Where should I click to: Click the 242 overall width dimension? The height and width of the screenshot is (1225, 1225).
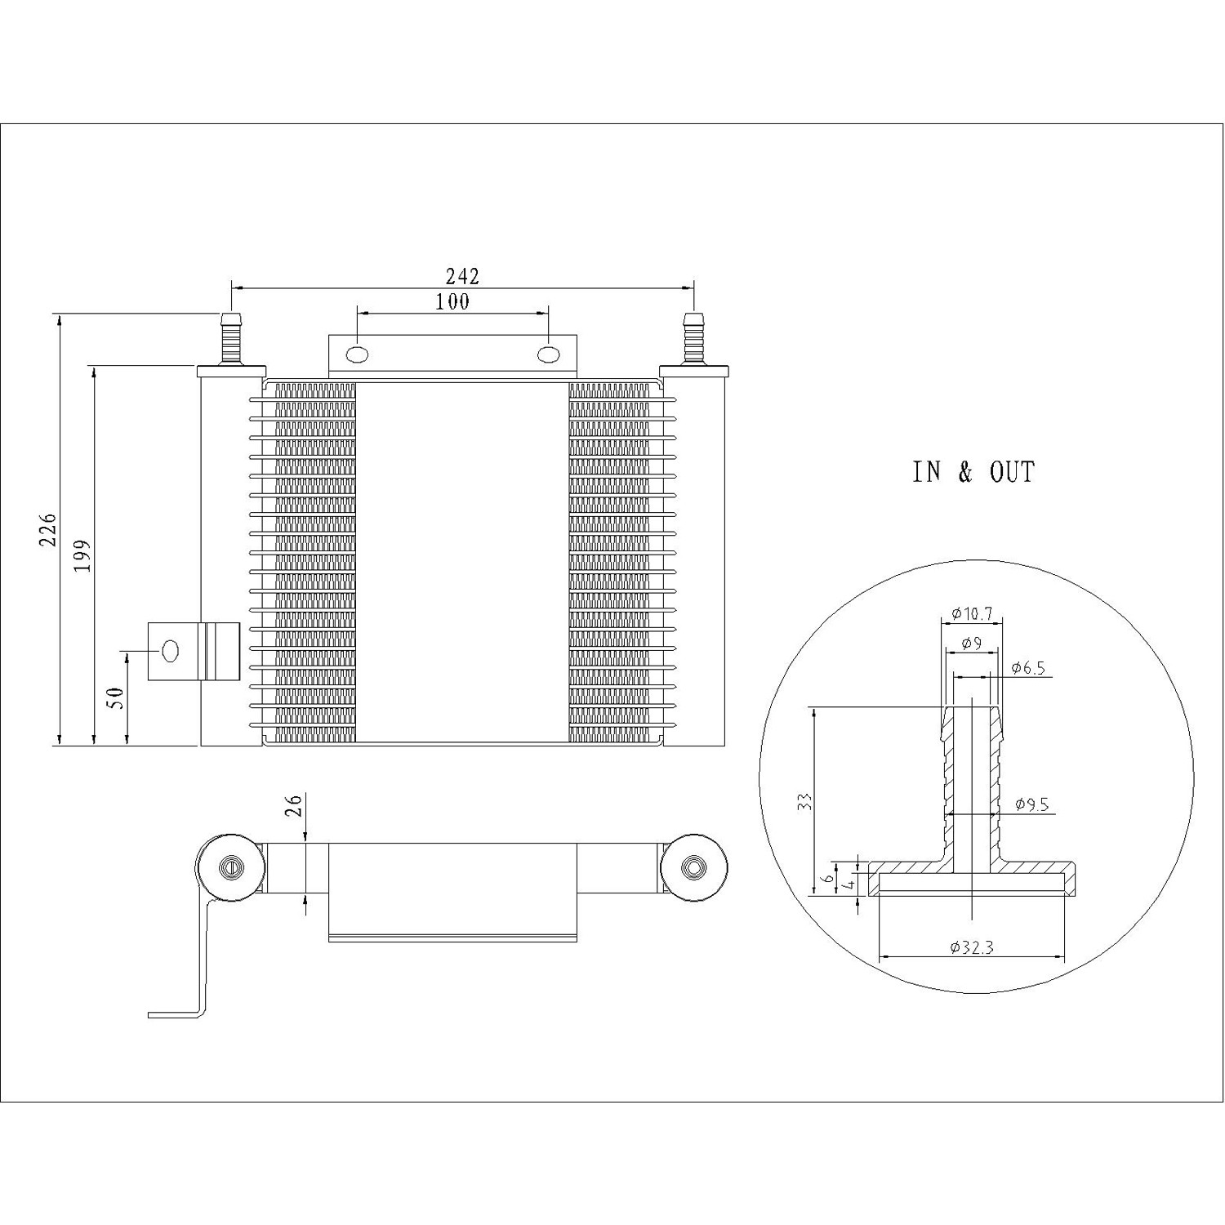click(x=462, y=276)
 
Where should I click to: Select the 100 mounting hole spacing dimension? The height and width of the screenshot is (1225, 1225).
click(x=452, y=301)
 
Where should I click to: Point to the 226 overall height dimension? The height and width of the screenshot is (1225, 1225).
click(x=48, y=530)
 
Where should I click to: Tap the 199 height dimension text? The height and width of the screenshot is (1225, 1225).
click(x=82, y=555)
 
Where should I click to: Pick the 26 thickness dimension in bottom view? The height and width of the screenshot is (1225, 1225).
click(x=295, y=805)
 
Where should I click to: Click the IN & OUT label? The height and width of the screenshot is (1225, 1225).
click(x=973, y=472)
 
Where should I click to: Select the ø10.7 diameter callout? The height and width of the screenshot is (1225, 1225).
click(x=972, y=613)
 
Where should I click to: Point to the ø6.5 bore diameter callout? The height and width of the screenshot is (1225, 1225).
click(x=1027, y=668)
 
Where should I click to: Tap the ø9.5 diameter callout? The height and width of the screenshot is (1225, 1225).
click(x=1031, y=804)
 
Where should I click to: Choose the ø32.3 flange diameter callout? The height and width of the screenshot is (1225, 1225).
click(x=971, y=947)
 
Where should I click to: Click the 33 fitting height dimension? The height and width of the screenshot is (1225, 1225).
click(x=804, y=801)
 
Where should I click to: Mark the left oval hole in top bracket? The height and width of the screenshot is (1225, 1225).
click(x=357, y=355)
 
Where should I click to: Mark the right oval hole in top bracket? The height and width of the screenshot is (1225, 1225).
click(x=548, y=355)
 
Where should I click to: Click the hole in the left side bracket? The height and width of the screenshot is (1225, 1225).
click(x=170, y=651)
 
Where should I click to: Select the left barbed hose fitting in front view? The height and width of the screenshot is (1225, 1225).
click(x=231, y=339)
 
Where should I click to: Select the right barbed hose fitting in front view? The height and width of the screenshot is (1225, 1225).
click(x=693, y=339)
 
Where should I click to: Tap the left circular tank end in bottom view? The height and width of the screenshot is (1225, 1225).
click(x=231, y=868)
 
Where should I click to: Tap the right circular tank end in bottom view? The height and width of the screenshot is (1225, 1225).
click(x=693, y=868)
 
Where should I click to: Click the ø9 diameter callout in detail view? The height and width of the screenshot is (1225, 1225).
click(x=971, y=644)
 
